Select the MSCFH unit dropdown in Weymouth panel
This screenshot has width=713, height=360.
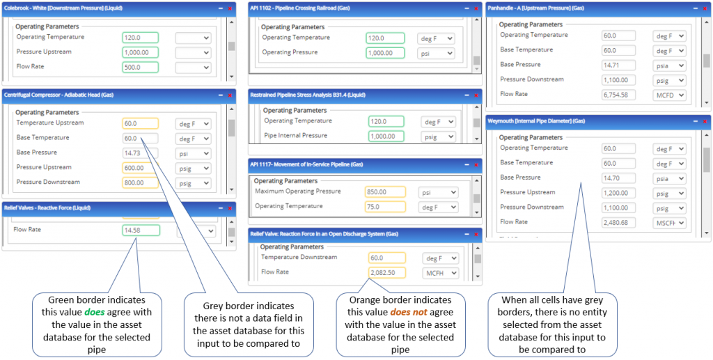pos(670,223)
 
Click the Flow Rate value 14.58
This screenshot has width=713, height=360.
pos(141,230)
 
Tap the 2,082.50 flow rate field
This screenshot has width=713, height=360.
pos(386,273)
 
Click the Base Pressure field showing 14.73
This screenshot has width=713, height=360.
pos(139,153)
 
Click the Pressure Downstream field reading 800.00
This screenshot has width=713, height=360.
pos(139,183)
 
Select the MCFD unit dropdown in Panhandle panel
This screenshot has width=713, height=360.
pos(670,95)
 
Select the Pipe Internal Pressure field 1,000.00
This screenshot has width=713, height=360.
pos(386,136)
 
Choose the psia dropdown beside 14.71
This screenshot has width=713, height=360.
pos(670,65)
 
